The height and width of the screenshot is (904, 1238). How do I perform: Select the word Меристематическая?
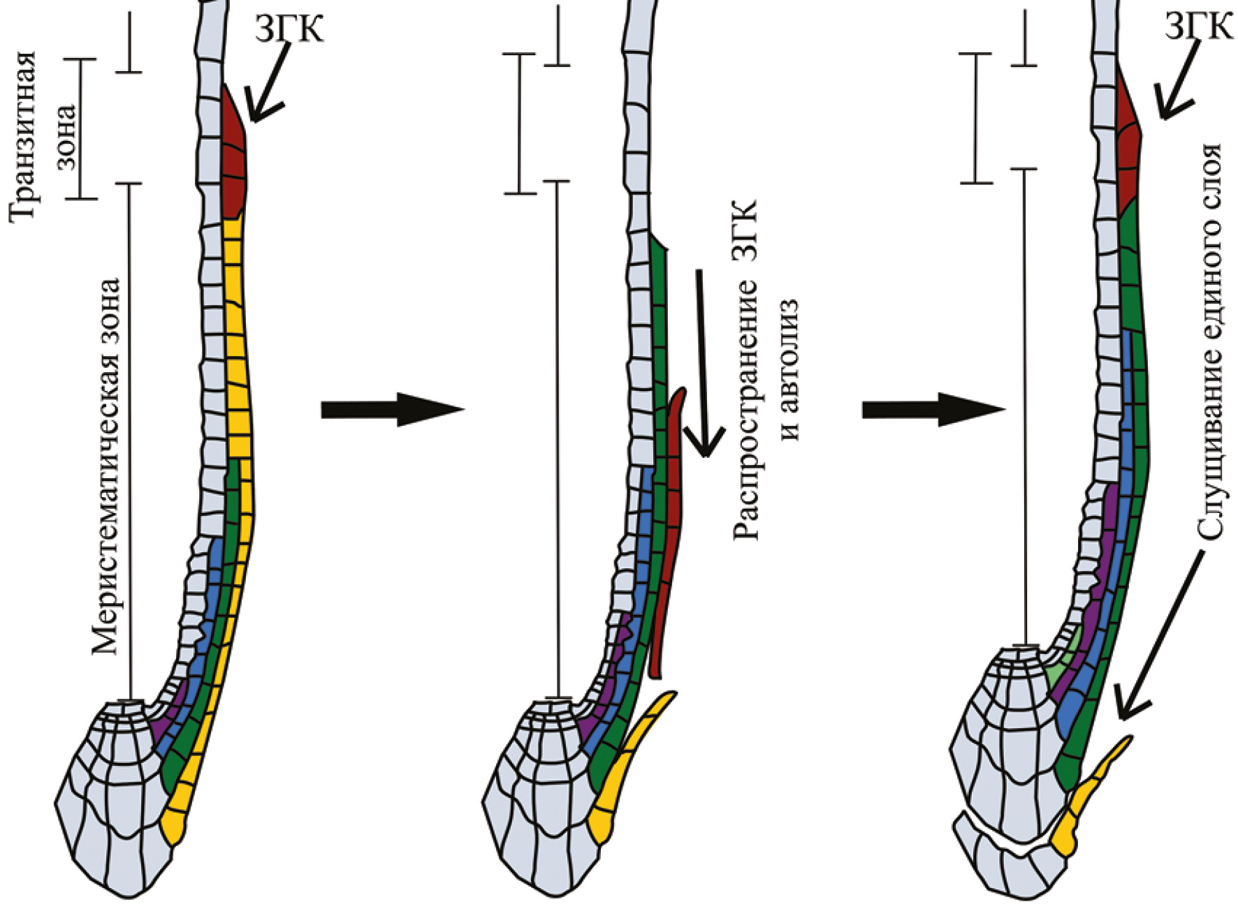point(106,466)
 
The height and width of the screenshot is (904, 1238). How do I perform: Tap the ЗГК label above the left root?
point(289,29)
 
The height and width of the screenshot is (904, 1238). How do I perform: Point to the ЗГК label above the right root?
point(1198,27)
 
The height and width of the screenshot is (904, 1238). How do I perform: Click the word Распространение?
point(745,371)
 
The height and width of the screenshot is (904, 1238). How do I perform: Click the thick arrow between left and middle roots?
point(391,409)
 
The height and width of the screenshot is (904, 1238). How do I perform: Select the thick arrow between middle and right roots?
point(933,409)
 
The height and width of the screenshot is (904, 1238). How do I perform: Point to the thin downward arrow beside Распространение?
point(702,363)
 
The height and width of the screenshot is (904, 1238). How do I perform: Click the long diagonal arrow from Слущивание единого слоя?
point(1160,635)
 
